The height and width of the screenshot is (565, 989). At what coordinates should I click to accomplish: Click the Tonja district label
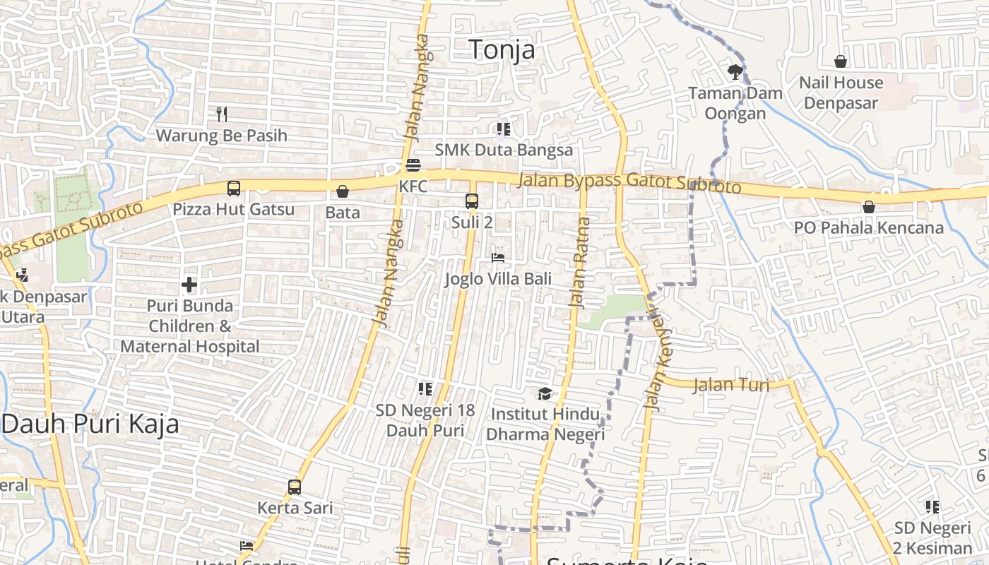pyautogui.click(x=502, y=49)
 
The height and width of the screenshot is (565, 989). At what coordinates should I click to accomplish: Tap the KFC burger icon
pyautogui.click(x=413, y=166)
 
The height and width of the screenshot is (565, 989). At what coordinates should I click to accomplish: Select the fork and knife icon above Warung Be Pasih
pyautogui.click(x=222, y=114)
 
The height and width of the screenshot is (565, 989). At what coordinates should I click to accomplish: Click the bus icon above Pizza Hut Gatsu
pyautogui.click(x=234, y=189)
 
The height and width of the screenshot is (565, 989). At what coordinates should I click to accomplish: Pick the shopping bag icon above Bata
pyautogui.click(x=343, y=191)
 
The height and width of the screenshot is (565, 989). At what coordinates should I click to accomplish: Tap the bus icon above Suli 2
pyautogui.click(x=472, y=201)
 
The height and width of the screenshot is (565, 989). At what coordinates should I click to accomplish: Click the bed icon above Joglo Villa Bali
pyautogui.click(x=498, y=258)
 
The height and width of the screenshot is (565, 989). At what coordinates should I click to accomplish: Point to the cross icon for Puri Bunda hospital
pyautogui.click(x=189, y=285)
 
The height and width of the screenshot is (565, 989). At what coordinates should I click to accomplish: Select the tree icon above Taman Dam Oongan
pyautogui.click(x=735, y=71)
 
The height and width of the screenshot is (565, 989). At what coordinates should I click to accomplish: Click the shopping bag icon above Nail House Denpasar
pyautogui.click(x=841, y=61)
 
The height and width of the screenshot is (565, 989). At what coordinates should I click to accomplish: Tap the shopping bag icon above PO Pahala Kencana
pyautogui.click(x=869, y=207)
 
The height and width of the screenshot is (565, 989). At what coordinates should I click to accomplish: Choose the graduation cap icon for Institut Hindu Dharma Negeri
pyautogui.click(x=545, y=393)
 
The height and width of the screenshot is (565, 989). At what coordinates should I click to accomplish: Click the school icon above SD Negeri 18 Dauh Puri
pyautogui.click(x=425, y=388)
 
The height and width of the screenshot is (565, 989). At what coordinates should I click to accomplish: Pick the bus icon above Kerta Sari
pyautogui.click(x=295, y=487)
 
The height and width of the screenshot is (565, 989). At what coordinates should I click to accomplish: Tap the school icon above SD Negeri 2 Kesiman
pyautogui.click(x=932, y=506)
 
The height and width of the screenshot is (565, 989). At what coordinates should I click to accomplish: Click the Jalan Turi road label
pyautogui.click(x=731, y=386)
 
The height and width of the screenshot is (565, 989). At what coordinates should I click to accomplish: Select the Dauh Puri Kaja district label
pyautogui.click(x=90, y=424)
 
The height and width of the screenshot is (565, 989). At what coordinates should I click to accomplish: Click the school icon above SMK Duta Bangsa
pyautogui.click(x=503, y=129)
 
